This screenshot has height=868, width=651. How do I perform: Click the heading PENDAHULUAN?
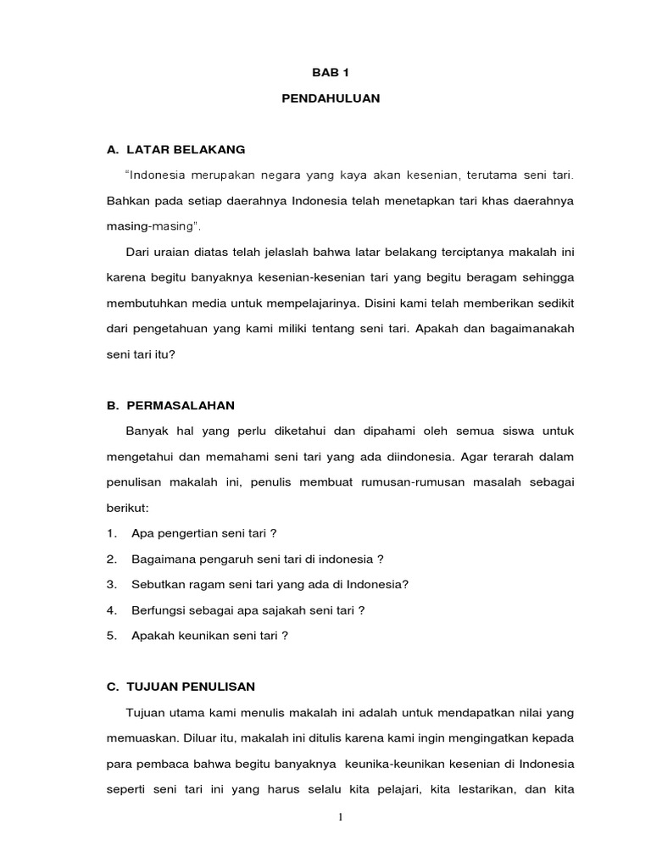(331, 99)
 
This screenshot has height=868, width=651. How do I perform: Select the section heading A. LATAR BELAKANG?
(175, 150)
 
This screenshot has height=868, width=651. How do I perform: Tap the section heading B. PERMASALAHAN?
(170, 405)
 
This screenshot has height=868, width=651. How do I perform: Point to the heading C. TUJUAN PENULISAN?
(181, 686)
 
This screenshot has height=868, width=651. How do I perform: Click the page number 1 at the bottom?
(339, 818)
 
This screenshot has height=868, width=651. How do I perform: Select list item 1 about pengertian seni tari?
(204, 533)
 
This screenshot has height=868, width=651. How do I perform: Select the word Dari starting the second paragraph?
(136, 253)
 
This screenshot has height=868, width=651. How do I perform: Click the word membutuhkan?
(142, 303)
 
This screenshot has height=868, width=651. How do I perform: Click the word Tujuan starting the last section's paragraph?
(143, 711)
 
